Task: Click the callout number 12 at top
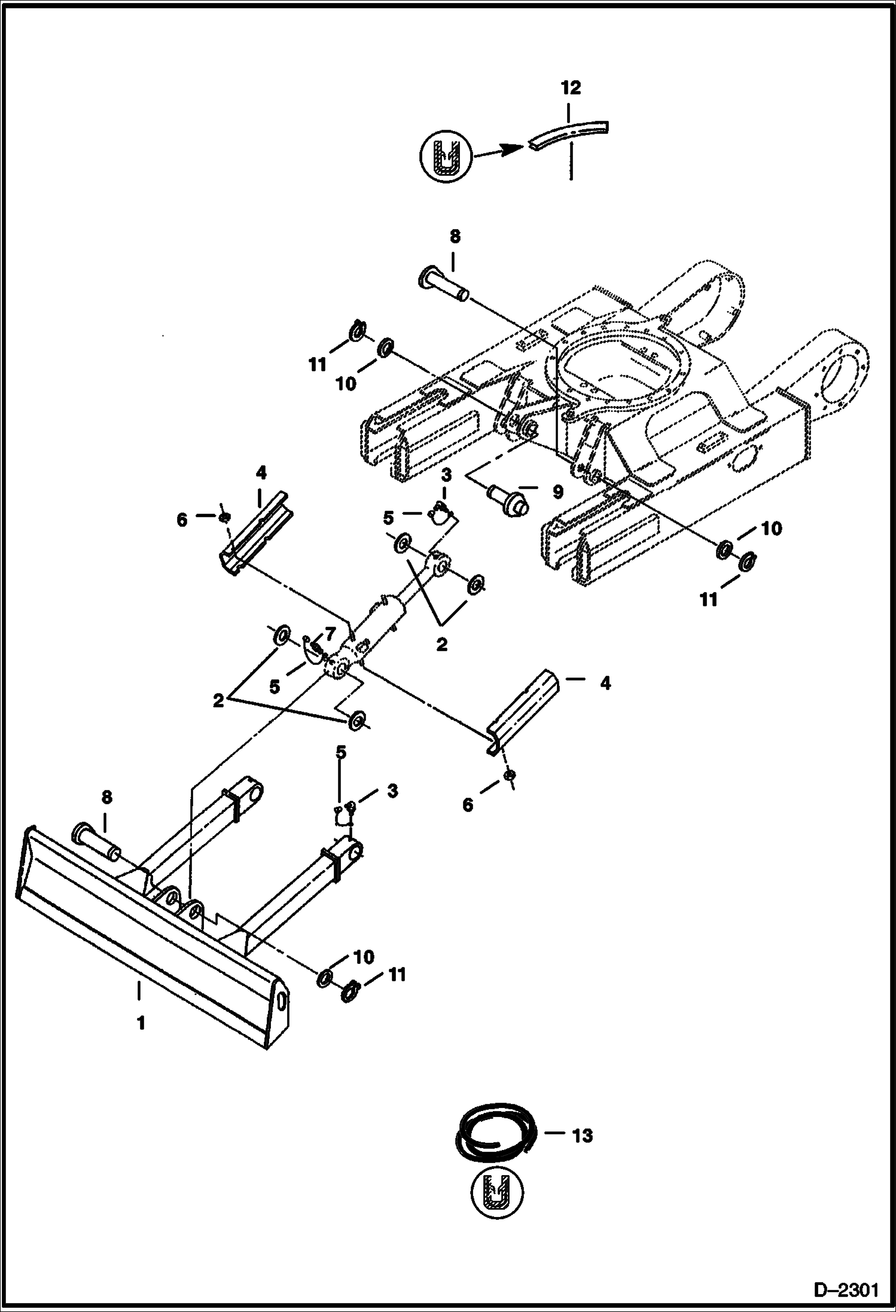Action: (x=571, y=89)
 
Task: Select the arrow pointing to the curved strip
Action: (x=496, y=150)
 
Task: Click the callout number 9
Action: (x=557, y=492)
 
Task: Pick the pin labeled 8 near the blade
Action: (x=96, y=841)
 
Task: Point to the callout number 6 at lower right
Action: (x=467, y=805)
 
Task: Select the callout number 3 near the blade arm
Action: (x=392, y=791)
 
